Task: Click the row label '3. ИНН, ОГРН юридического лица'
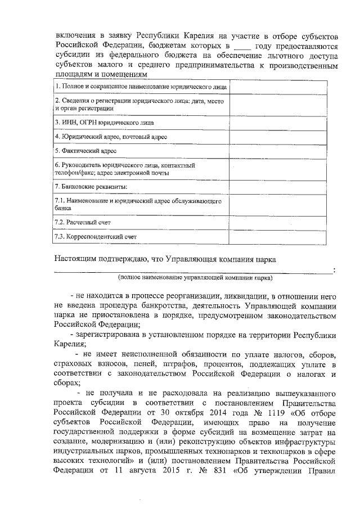coord(103,121)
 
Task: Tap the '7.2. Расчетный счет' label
coord(83,223)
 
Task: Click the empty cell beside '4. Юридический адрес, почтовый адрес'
coord(283,136)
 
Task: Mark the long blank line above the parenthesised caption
coord(193,271)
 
